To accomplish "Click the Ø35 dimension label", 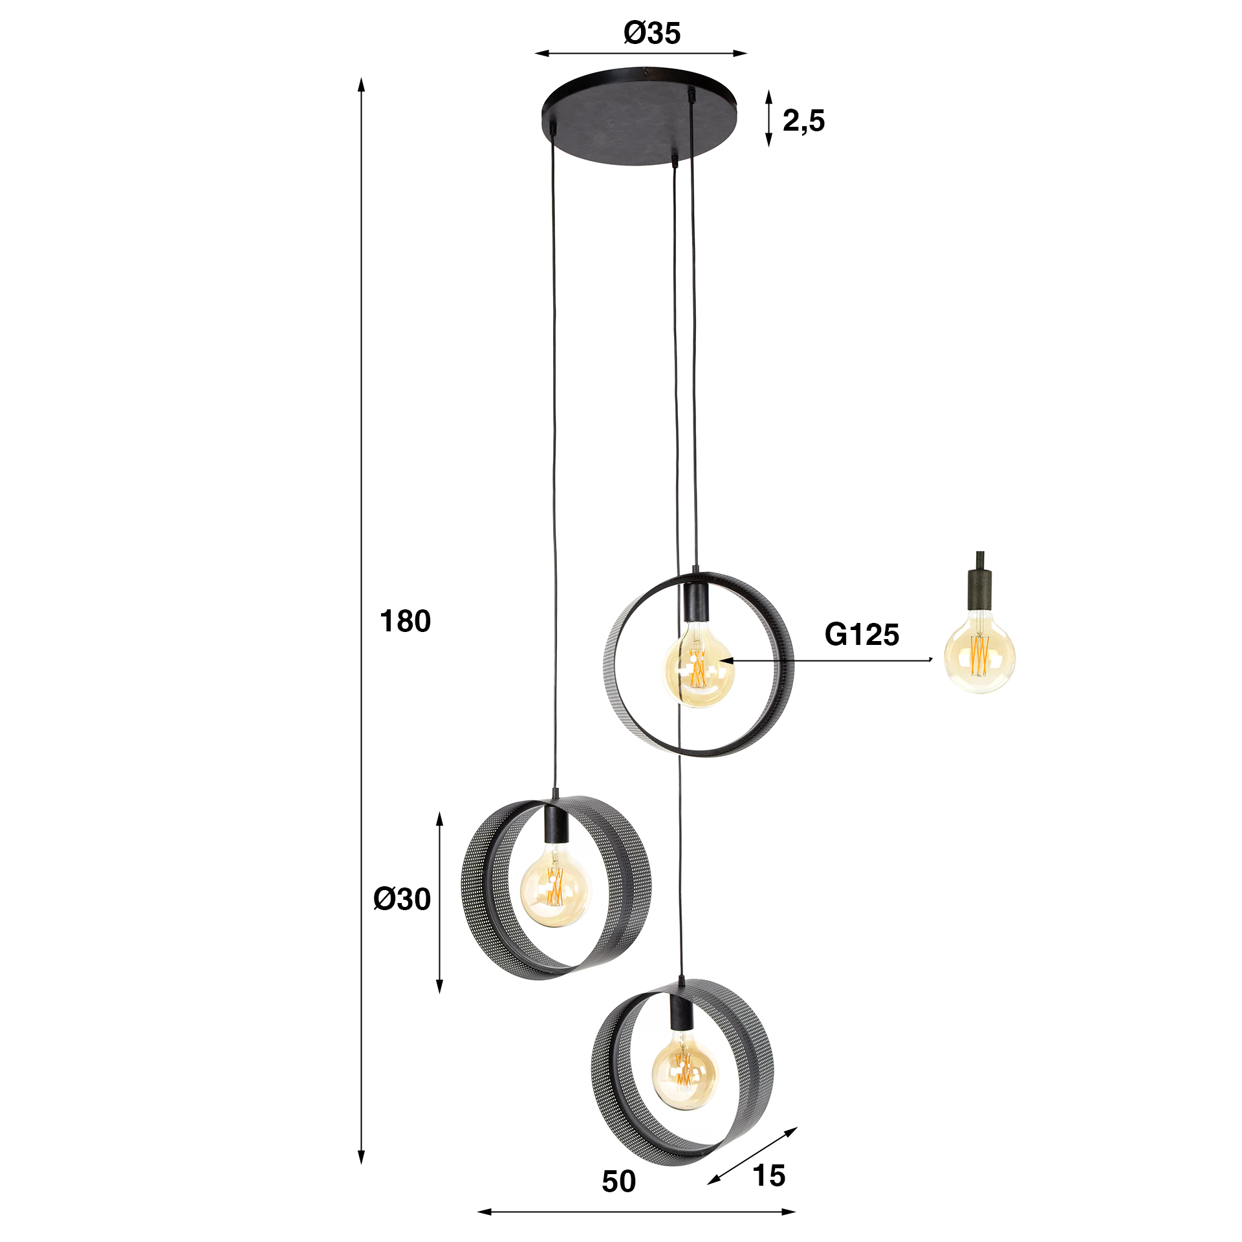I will pyautogui.click(x=652, y=33).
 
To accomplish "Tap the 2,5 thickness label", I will pyautogui.click(x=803, y=121).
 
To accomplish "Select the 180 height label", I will pyautogui.click(x=405, y=622).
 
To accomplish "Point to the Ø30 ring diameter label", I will pyautogui.click(x=402, y=899).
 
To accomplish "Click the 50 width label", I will pyautogui.click(x=618, y=1182).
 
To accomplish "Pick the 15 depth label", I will pyautogui.click(x=769, y=1175).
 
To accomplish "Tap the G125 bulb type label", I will pyautogui.click(x=862, y=635).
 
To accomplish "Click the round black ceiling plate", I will pyautogui.click(x=639, y=116).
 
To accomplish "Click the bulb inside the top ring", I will pyautogui.click(x=699, y=666).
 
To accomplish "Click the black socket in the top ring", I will pyautogui.click(x=695, y=602).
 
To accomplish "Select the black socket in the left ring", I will pyautogui.click(x=556, y=824).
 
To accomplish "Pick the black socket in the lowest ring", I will pyautogui.click(x=681, y=1013).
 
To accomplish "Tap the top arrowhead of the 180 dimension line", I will pyautogui.click(x=362, y=84).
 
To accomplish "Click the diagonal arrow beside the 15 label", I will pyautogui.click(x=752, y=1155).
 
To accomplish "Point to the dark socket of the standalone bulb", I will pyautogui.click(x=980, y=589).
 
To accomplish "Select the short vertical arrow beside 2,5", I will pyautogui.click(x=768, y=118).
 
